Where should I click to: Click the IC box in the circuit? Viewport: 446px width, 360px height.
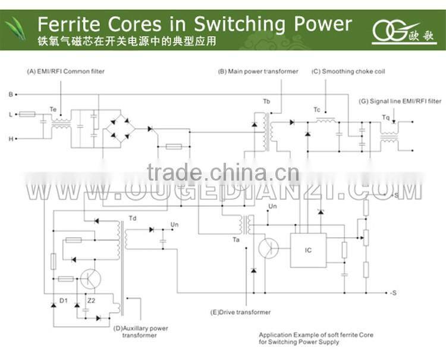308,250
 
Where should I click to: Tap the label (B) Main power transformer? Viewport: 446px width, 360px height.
258,71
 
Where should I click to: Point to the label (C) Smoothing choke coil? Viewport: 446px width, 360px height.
348,71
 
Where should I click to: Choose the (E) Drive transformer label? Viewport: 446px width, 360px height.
240,312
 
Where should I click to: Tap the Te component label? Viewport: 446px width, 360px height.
53,109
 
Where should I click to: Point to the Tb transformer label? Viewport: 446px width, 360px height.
266,102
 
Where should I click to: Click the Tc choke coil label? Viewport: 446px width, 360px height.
317,109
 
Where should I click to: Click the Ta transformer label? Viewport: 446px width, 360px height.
237,239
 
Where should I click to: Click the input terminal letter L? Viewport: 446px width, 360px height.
10,113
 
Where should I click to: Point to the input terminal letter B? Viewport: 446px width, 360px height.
10,94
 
